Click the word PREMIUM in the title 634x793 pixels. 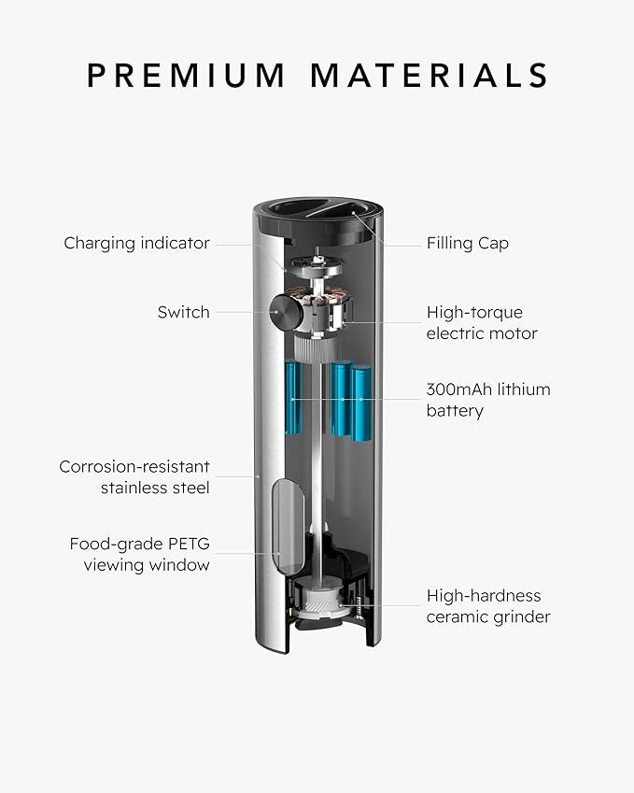186,76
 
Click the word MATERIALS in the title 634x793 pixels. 430,76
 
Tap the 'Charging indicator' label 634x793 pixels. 136,243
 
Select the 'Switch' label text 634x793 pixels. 184,312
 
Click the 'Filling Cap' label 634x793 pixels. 468,243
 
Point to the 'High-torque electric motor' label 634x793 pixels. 482,322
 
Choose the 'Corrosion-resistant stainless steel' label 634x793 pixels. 134,477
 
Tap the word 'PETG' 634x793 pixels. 189,544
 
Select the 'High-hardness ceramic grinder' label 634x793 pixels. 488,606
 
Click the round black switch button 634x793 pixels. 285,312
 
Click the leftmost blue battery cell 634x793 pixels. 294,398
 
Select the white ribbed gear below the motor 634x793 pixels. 314,349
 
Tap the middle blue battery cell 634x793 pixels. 341,399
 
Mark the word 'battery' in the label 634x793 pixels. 455,411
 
